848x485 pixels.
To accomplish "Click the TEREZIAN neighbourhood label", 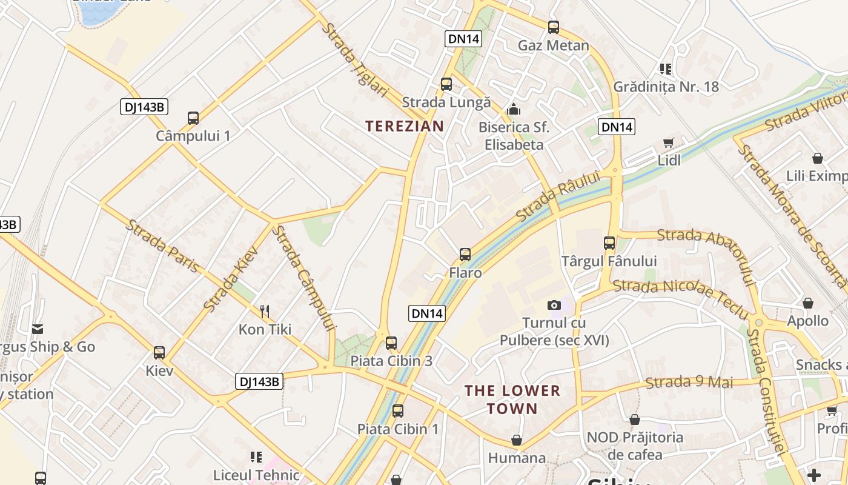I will [x=405, y=126].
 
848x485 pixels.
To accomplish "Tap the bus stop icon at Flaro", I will [x=465, y=255].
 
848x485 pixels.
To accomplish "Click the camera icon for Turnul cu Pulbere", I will [x=554, y=305].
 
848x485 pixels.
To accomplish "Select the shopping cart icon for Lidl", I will [x=668, y=143].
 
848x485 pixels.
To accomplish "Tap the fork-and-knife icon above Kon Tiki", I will [x=265, y=312].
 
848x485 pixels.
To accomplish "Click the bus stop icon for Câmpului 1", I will [x=193, y=118].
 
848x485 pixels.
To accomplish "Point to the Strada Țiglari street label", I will [x=354, y=59].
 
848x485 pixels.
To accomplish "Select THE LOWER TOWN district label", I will [x=512, y=400].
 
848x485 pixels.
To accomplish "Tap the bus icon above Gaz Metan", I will [x=553, y=27].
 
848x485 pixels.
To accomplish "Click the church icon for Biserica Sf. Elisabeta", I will [x=514, y=109].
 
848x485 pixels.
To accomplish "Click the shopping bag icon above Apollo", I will [x=807, y=303].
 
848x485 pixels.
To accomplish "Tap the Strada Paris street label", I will [x=162, y=246].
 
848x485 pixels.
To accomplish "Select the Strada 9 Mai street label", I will [x=689, y=382].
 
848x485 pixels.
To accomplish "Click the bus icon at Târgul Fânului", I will [x=609, y=243].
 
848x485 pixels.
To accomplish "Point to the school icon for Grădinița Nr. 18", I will [x=666, y=69].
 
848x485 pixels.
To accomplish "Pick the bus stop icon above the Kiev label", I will [x=159, y=352].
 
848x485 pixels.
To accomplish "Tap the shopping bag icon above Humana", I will [x=517, y=440].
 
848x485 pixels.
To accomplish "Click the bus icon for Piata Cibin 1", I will [x=398, y=411].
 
